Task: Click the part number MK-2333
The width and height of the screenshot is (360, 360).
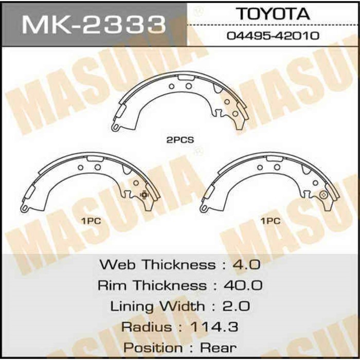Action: pos(93,24)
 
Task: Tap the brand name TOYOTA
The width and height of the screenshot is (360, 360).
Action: pos(273,14)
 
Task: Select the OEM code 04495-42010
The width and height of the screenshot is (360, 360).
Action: pos(273,36)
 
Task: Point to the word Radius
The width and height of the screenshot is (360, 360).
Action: pos(147,327)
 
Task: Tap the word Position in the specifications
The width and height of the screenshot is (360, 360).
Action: pos(152,348)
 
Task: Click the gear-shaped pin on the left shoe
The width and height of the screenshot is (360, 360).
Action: pos(144,194)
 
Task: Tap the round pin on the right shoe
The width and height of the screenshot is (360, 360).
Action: pos(323,194)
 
